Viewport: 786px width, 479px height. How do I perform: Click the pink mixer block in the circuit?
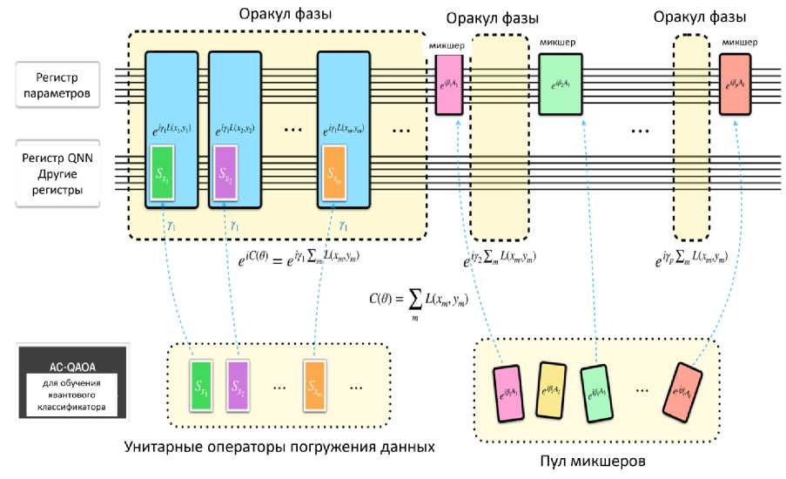(x=449, y=84)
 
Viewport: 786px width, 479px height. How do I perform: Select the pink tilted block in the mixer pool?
(x=509, y=388)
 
